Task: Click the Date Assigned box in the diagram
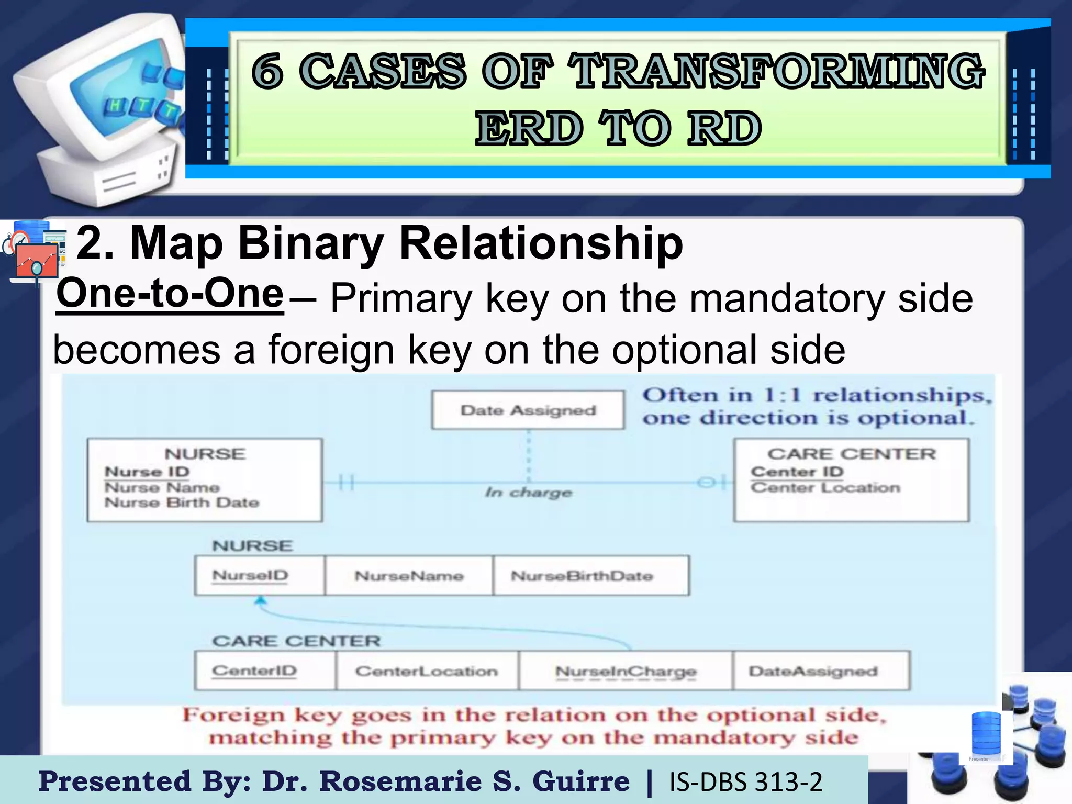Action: [528, 410]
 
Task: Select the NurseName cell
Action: [409, 576]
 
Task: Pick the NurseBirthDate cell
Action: [590, 576]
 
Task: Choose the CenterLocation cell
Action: [427, 671]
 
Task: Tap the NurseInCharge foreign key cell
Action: [626, 671]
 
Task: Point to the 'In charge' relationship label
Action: [528, 493]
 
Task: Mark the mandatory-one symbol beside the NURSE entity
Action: [346, 482]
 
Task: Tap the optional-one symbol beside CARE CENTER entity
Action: [711, 482]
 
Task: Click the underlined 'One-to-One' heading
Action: [170, 294]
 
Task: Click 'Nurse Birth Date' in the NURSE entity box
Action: [182, 502]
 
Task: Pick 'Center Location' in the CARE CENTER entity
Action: [825, 488]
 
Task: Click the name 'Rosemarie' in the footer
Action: [400, 781]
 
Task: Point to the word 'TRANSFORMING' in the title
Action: [777, 71]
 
